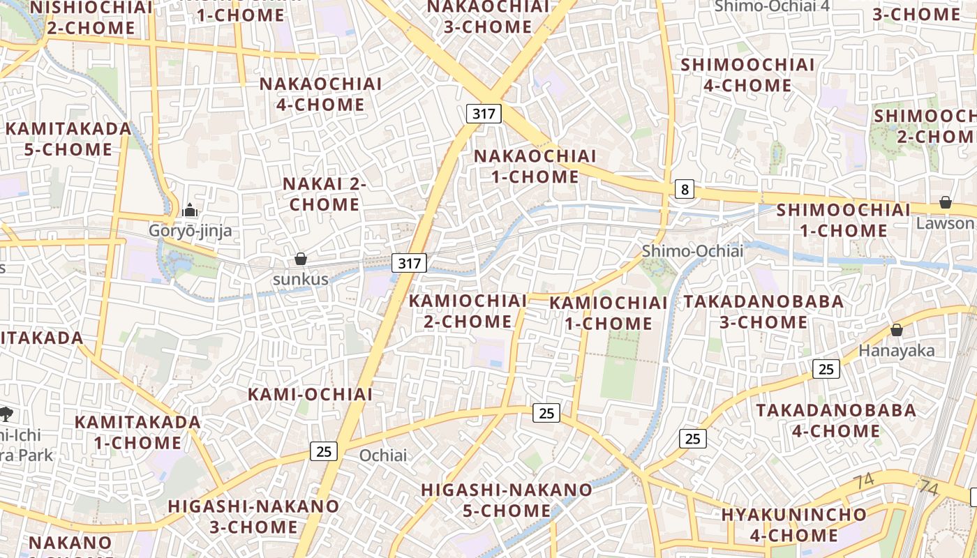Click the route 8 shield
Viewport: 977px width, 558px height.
(685, 188)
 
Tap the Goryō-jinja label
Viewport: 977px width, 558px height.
(190, 230)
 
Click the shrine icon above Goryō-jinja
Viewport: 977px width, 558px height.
(190, 209)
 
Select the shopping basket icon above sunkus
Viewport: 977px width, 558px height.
(301, 259)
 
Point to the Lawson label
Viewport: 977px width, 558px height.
(945, 223)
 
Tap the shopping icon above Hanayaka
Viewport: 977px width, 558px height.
(896, 329)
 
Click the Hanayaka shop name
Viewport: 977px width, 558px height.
(896, 350)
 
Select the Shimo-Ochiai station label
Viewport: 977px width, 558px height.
(692, 250)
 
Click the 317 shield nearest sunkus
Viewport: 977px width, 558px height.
(409, 262)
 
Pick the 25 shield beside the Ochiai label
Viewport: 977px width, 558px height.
(324, 451)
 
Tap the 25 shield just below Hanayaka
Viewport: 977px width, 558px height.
(826, 369)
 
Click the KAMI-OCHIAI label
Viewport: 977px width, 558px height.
(311, 394)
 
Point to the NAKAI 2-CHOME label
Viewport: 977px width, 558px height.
(325, 194)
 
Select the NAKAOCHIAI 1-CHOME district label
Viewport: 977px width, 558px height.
(535, 166)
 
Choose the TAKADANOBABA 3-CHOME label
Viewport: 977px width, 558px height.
(763, 312)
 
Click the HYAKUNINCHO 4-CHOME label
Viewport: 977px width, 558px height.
(794, 525)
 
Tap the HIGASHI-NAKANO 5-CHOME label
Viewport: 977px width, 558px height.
(507, 500)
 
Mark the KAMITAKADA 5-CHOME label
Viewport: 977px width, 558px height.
(68, 139)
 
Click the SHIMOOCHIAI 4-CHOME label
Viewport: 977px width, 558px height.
(747, 75)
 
